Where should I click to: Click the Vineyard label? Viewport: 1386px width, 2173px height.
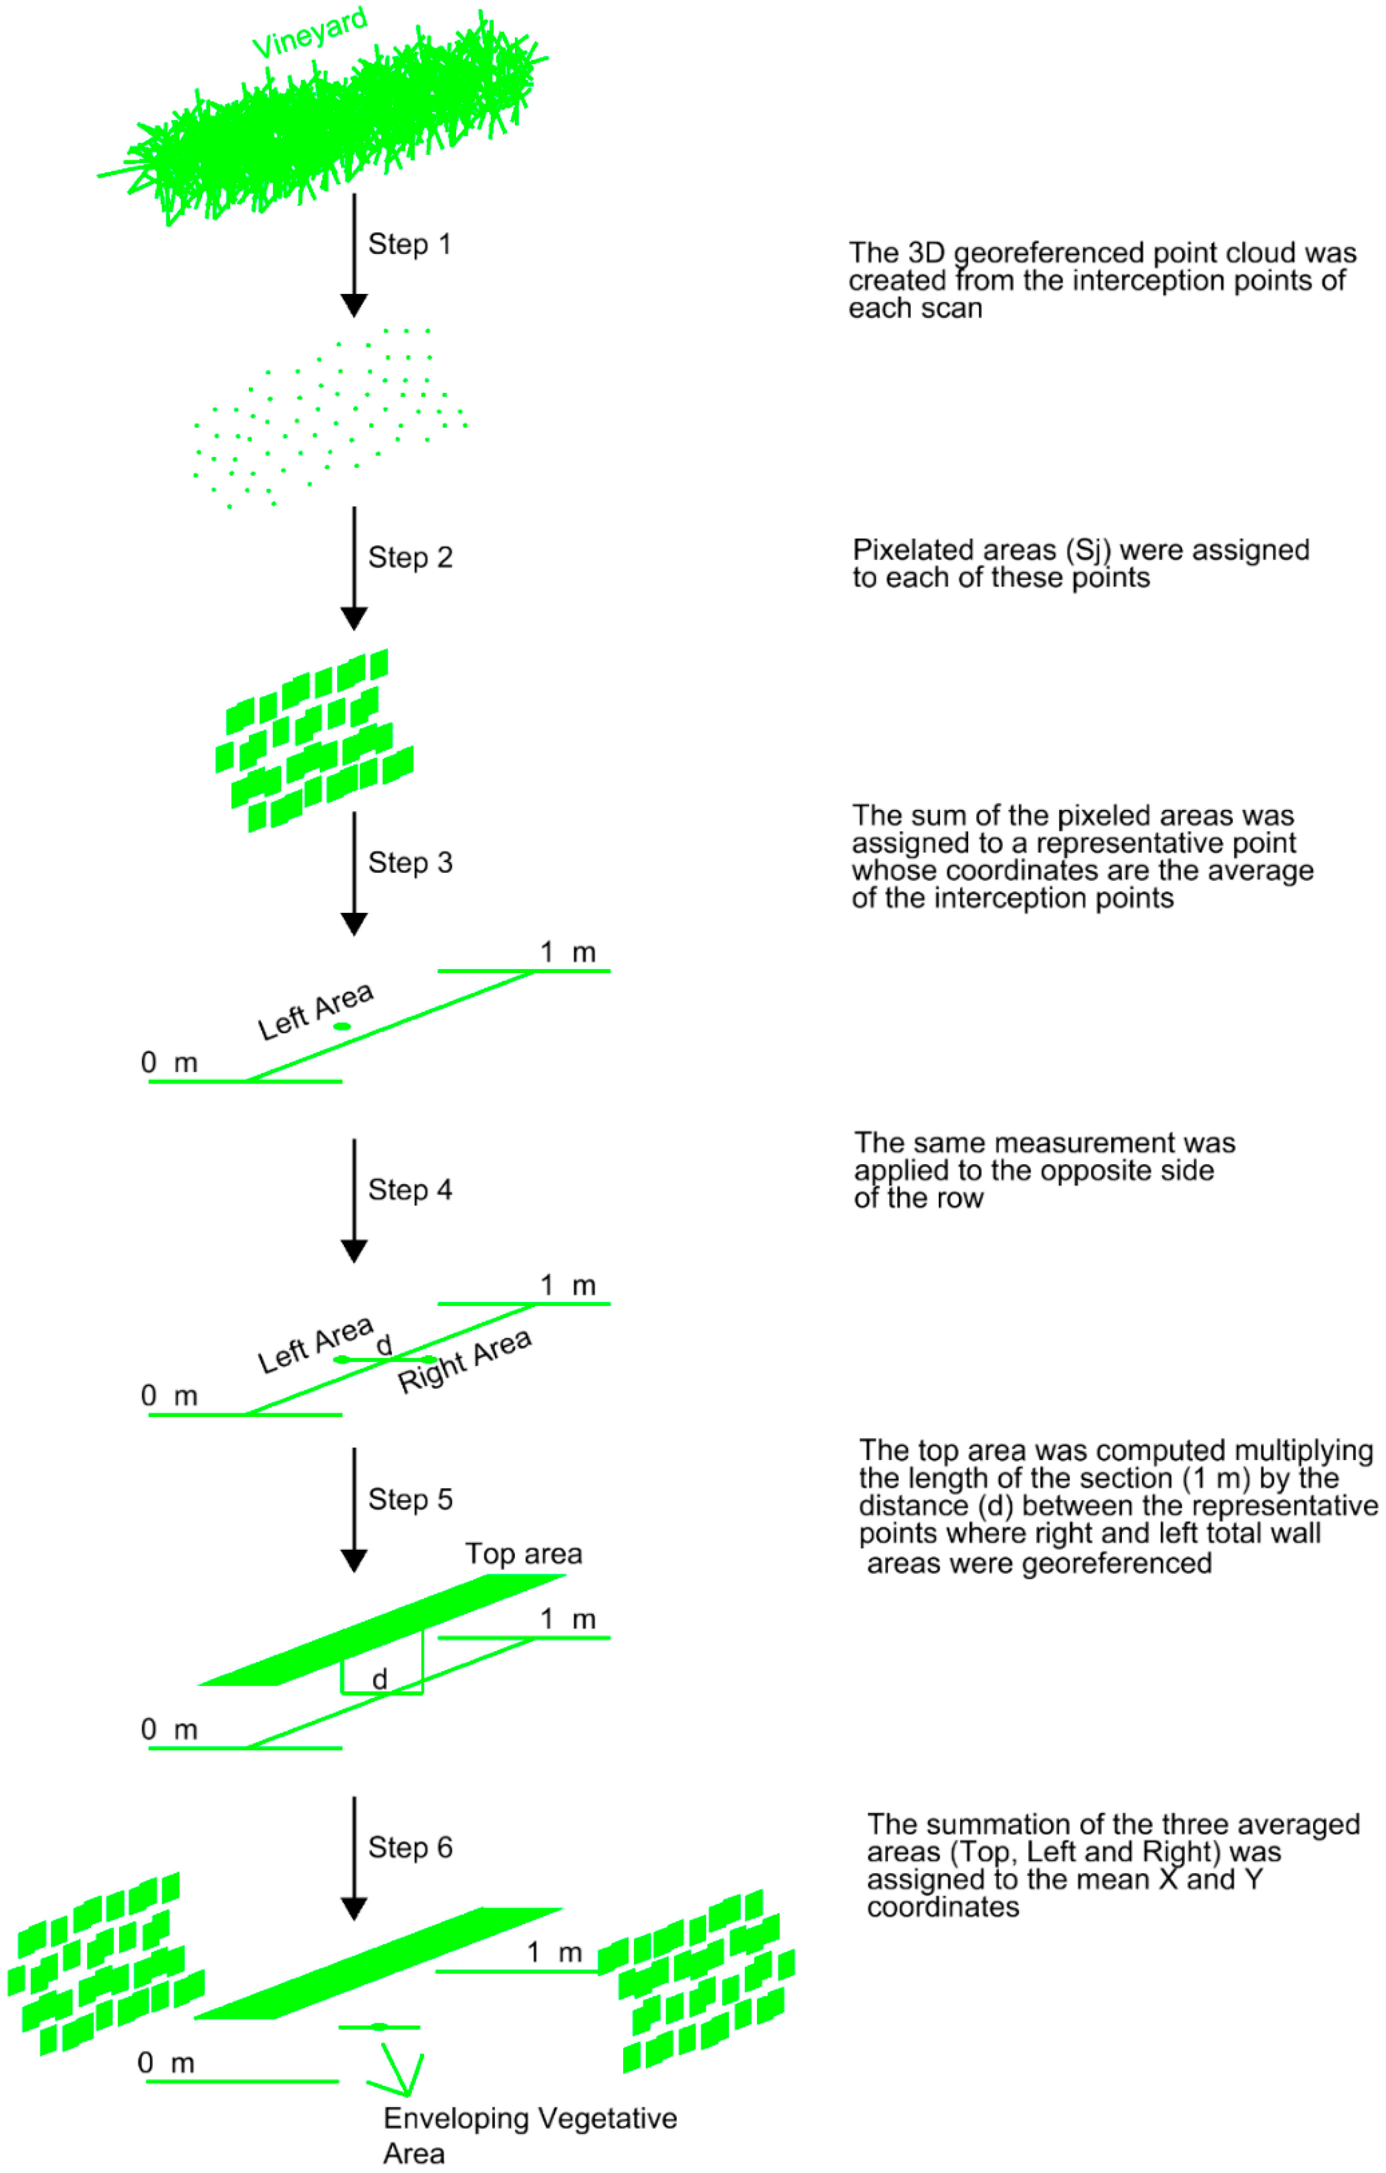(x=310, y=32)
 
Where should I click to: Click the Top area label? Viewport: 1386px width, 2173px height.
(x=523, y=1554)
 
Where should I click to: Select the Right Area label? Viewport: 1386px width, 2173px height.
(x=465, y=1361)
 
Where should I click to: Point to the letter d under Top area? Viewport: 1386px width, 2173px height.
(x=380, y=1680)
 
